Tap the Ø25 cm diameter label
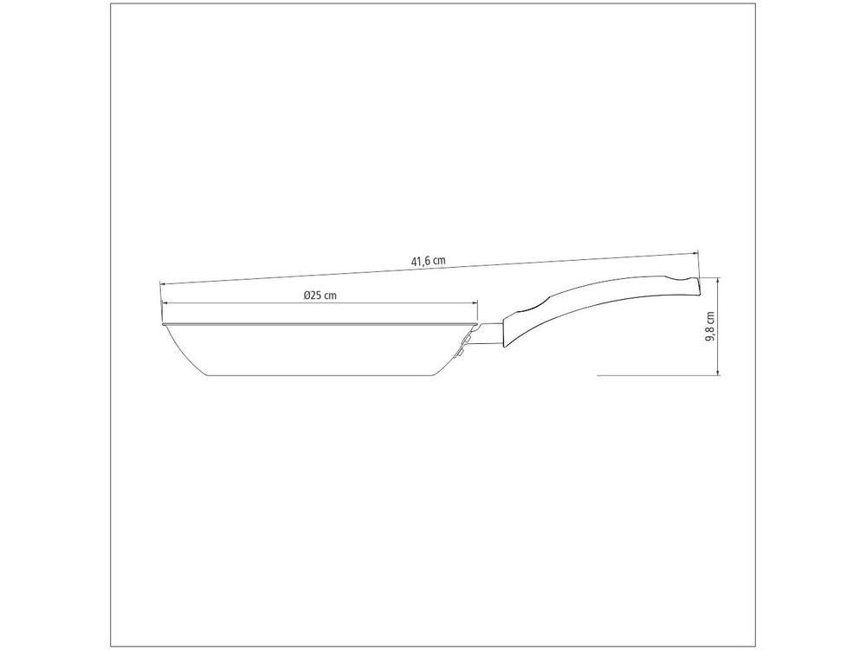click(x=320, y=295)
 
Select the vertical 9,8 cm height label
click(x=710, y=327)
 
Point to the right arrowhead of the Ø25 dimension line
click(x=475, y=302)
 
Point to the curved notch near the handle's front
click(x=525, y=309)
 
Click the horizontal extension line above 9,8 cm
click(x=708, y=276)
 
